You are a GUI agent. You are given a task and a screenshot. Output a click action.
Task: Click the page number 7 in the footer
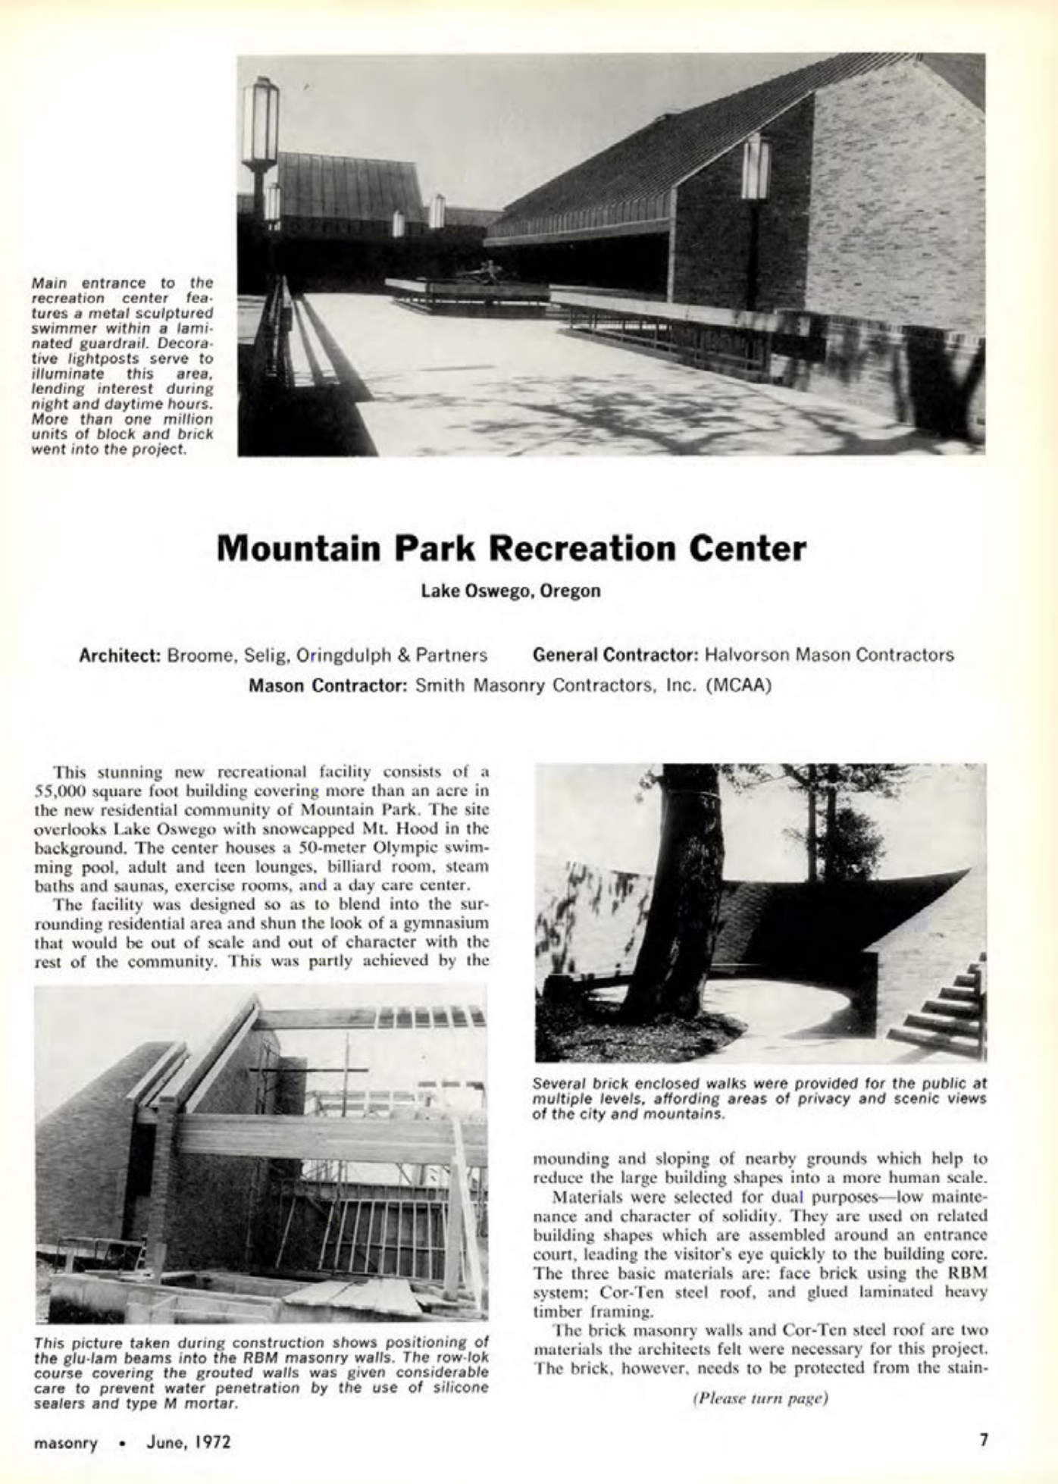(983, 1439)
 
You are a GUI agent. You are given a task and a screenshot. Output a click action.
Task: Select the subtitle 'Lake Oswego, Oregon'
(511, 591)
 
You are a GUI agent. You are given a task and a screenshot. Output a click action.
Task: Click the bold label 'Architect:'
(119, 655)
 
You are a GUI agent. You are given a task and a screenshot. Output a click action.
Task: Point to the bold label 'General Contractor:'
(615, 655)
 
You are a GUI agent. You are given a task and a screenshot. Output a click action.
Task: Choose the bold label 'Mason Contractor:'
(330, 687)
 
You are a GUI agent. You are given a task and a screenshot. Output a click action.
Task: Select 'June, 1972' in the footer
(188, 1440)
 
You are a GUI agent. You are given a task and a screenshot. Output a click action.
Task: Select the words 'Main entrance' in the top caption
(80, 283)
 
